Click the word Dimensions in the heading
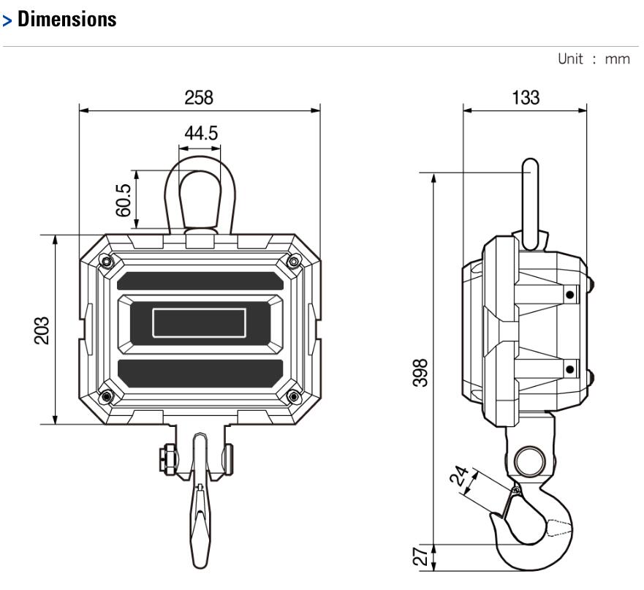67,19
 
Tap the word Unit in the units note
570,58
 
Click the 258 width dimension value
199,98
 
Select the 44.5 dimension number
201,133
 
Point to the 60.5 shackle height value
124,200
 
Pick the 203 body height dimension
42,330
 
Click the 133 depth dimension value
526,98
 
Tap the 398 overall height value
420,373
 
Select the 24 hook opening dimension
459,475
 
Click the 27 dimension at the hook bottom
420,556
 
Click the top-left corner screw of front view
107,262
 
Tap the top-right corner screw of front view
293,261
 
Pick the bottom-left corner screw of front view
107,396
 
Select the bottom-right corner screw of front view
293,396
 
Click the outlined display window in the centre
200,323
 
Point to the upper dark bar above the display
200,281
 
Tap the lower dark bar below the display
200,373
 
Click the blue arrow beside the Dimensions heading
7,20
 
